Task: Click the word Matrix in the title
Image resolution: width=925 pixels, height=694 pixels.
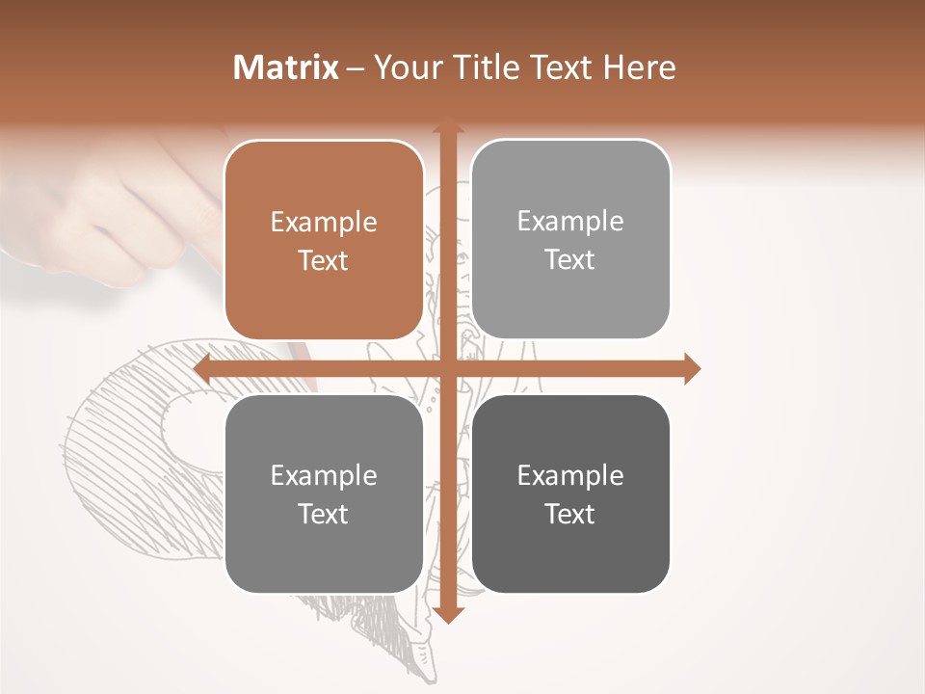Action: pos(286,67)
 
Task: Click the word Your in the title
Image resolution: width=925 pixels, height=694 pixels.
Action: pos(409,67)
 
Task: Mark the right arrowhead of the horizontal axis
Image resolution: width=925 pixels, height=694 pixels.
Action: pos(692,368)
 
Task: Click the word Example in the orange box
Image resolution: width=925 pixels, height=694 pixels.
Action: pos(324,223)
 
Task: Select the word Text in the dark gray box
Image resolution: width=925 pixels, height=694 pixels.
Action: pos(570,514)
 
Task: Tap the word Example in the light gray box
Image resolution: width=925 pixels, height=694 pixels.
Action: pos(570,222)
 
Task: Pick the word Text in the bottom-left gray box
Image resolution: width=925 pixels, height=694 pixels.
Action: pos(324,514)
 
